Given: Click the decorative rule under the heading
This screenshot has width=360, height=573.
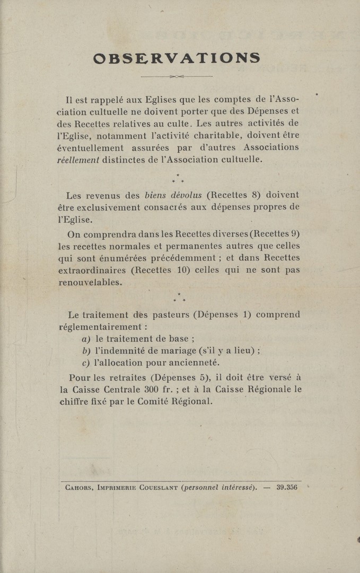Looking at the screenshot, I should (176, 76).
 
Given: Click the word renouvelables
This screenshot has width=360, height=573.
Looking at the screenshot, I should (90, 282).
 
